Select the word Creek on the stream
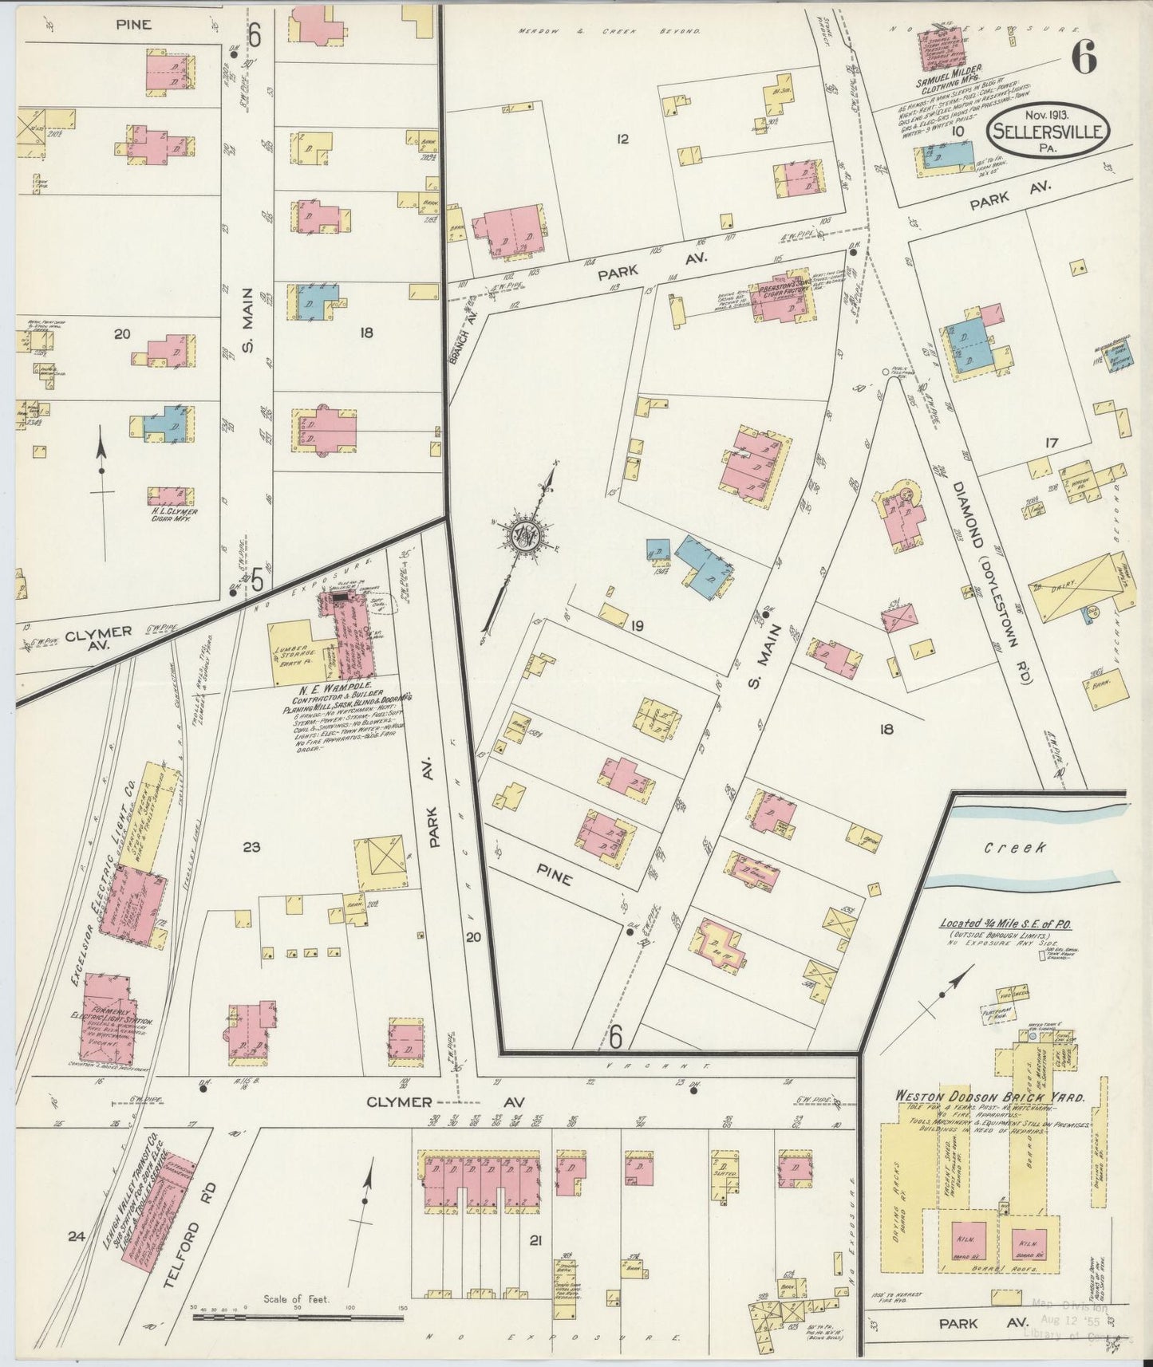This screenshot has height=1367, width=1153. [x=1014, y=847]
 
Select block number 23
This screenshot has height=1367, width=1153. [x=251, y=847]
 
